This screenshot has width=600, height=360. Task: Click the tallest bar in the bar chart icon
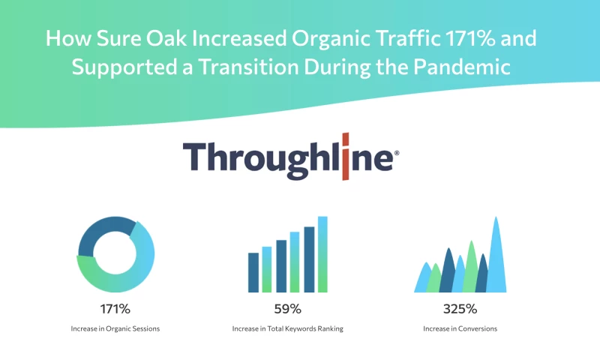point(322,254)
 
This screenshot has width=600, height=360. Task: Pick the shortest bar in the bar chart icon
point(253,272)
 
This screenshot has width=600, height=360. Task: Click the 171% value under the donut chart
point(116,308)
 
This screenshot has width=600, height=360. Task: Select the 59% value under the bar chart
point(288,308)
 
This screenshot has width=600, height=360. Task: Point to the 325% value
point(460,308)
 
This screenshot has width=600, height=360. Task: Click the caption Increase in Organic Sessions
point(116,328)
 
